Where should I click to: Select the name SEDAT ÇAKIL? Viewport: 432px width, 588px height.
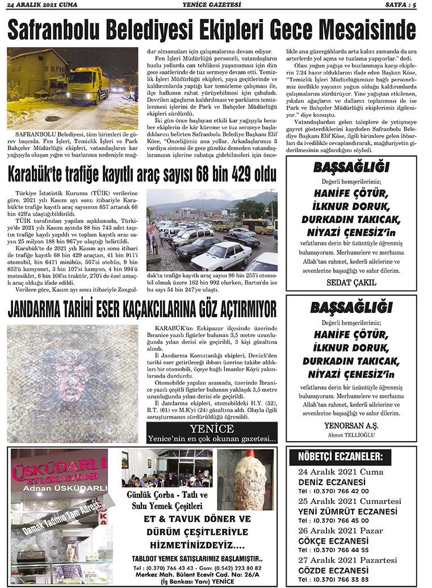[x=351, y=282]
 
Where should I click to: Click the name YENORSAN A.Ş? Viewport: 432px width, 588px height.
[x=351, y=426]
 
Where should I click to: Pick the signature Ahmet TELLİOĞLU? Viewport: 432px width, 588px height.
[x=351, y=435]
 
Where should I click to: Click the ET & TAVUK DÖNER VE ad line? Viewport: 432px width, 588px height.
[x=197, y=520]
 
